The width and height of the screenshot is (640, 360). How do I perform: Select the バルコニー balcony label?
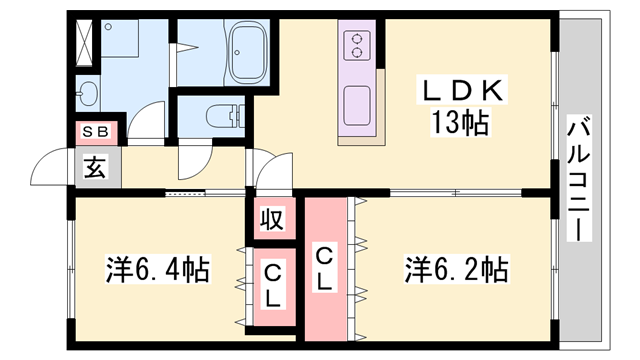[578, 179]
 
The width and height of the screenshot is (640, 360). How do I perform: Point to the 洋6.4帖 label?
[158, 269]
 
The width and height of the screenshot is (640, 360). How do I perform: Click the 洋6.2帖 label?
[456, 269]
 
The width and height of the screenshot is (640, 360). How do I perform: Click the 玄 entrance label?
[96, 167]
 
